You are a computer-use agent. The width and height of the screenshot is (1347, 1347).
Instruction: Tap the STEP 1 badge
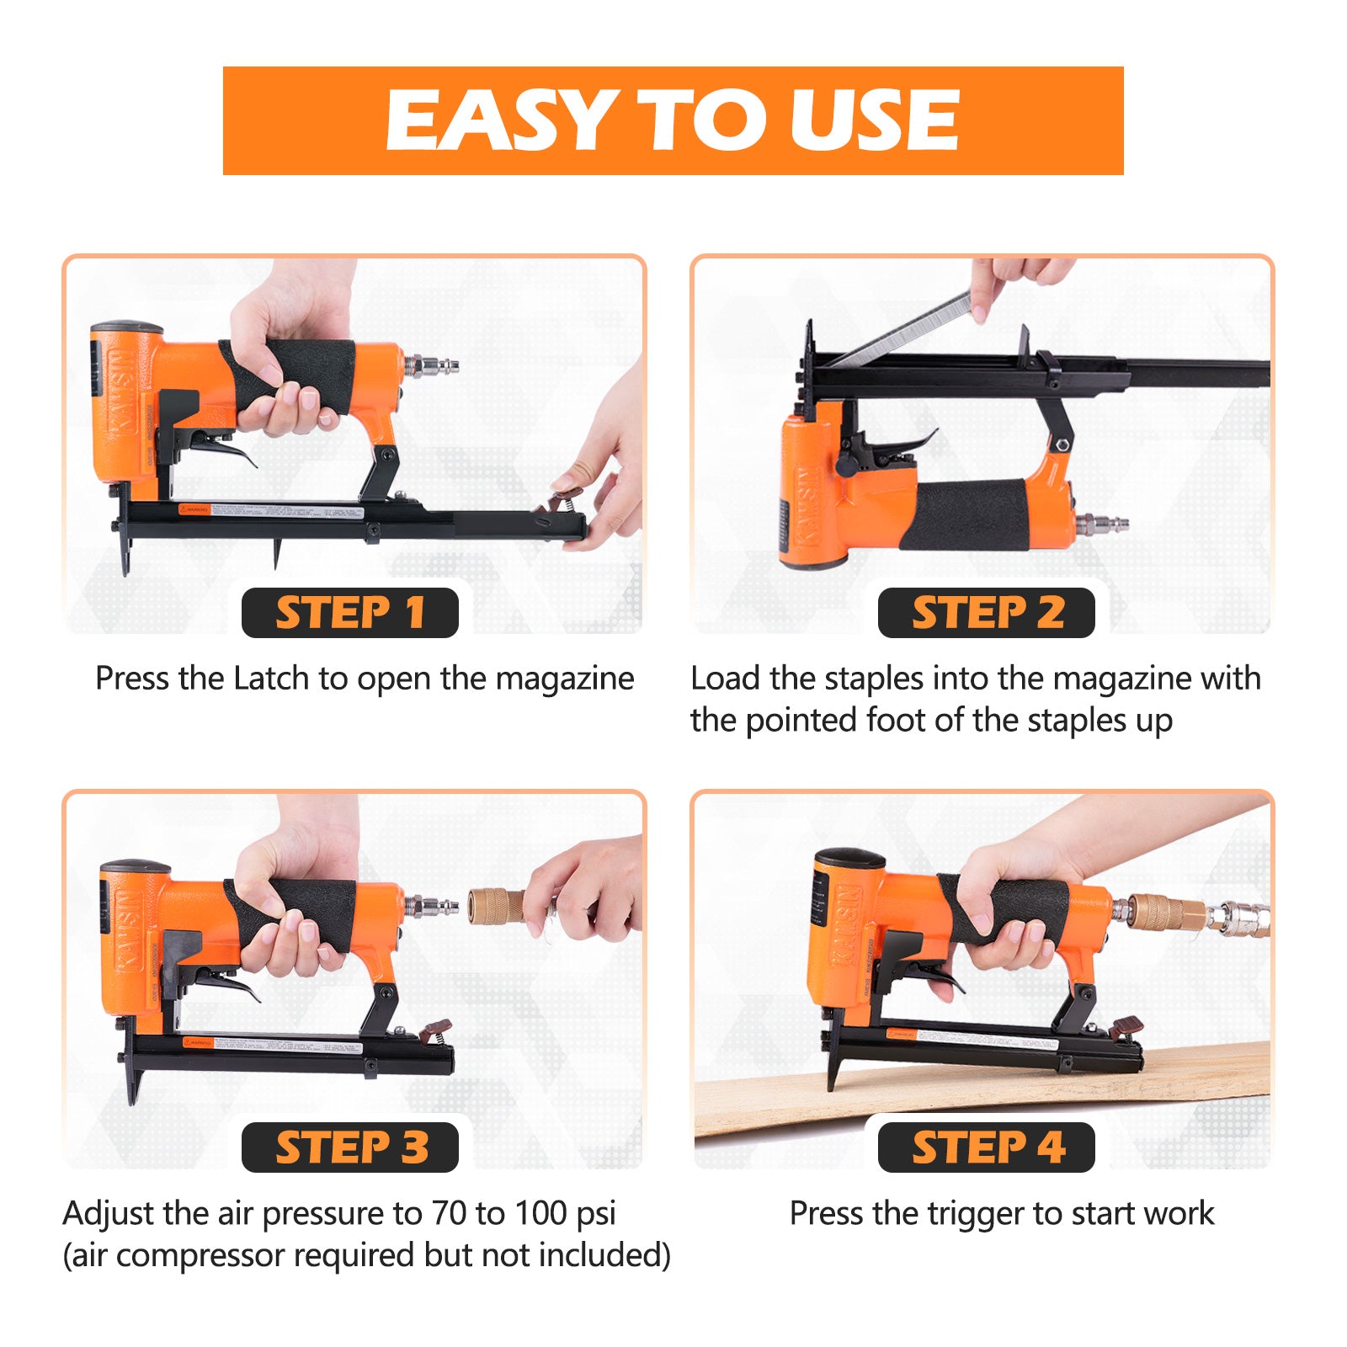(349, 613)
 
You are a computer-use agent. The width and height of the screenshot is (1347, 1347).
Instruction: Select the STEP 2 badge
(986, 613)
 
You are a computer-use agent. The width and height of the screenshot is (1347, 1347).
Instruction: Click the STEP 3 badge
(349, 1147)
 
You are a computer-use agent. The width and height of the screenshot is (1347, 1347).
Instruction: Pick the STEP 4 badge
(986, 1147)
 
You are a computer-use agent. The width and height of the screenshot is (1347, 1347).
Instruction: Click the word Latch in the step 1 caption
(271, 679)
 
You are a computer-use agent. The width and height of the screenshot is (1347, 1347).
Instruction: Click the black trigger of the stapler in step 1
(227, 450)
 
